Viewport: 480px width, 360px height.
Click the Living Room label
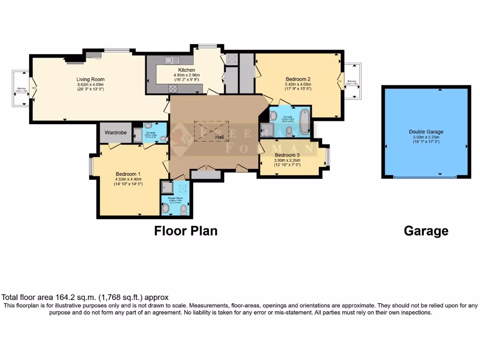(x=90, y=79)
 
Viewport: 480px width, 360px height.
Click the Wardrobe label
(x=115, y=133)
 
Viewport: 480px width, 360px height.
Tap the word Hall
(x=220, y=137)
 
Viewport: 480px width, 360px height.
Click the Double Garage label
(x=426, y=132)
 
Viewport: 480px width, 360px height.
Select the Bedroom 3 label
(x=287, y=155)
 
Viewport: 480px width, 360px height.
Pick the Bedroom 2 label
(x=298, y=79)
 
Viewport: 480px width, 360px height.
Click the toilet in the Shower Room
(x=183, y=210)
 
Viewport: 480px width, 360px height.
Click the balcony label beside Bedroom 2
(x=352, y=82)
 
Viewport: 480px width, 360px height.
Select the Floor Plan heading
(x=186, y=231)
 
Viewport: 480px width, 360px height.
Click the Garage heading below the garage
(x=426, y=231)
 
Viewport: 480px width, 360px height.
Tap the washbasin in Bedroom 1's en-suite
(x=163, y=138)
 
